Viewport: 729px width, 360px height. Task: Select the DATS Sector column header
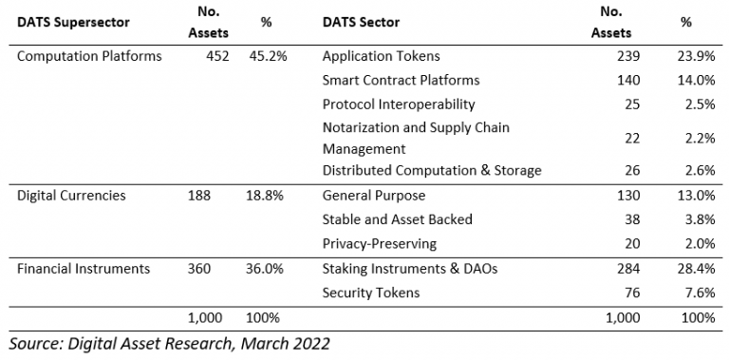click(367, 23)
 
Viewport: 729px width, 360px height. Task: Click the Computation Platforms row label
click(90, 56)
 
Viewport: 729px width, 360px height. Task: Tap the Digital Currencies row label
click(73, 196)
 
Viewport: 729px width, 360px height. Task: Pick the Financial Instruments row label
click(84, 269)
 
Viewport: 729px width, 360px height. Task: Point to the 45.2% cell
click(267, 56)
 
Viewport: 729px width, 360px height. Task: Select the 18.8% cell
click(267, 196)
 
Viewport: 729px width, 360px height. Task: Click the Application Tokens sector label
click(381, 56)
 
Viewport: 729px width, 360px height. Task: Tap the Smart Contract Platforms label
click(401, 80)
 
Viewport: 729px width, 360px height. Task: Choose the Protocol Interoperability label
click(399, 104)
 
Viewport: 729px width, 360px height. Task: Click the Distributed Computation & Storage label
click(432, 171)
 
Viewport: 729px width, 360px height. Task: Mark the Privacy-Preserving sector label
click(380, 243)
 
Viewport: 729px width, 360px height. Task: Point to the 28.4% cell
click(698, 269)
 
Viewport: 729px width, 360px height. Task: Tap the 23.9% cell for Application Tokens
click(698, 56)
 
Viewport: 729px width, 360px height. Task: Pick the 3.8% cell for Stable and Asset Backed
click(701, 219)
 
